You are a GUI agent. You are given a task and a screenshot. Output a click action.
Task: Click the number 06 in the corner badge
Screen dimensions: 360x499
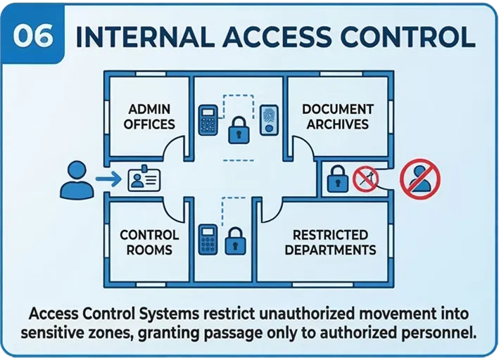[x=33, y=36]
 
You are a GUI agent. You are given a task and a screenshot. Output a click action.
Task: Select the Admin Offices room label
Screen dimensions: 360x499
[x=149, y=117]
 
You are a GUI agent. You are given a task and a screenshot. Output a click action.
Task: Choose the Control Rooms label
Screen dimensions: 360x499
[x=149, y=242]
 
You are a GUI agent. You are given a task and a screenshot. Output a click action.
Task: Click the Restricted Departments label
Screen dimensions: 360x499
[x=330, y=242]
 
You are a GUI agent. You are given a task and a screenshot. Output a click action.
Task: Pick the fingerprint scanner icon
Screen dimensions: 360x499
[x=269, y=120]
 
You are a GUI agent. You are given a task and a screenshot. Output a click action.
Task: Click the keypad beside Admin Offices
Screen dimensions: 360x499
[x=208, y=120]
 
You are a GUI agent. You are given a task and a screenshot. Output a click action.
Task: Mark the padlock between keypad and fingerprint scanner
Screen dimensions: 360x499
[x=239, y=130]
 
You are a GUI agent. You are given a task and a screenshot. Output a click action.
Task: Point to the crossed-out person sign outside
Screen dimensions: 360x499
[x=419, y=179]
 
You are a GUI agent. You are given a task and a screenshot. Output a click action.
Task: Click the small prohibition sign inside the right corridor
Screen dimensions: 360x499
[x=365, y=179]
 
